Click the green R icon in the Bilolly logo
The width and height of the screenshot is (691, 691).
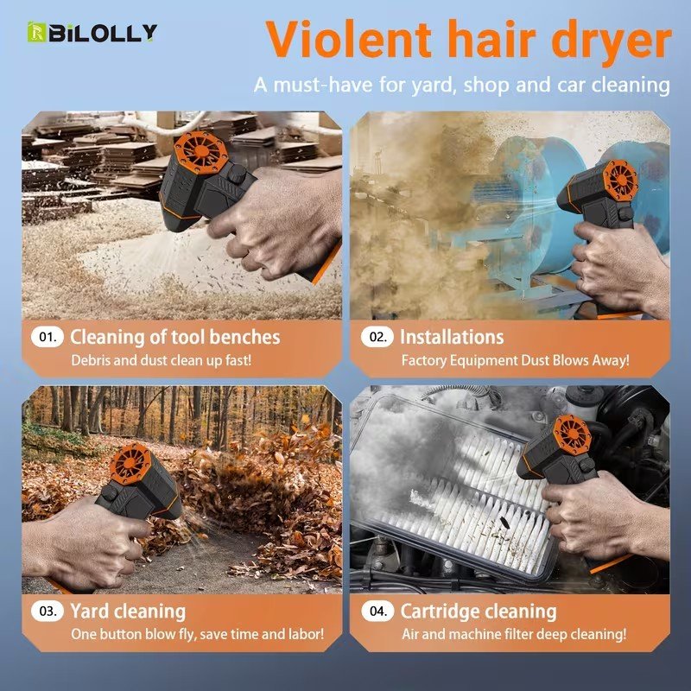(36, 32)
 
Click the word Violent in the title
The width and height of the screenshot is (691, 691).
(349, 40)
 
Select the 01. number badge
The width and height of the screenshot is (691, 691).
(48, 337)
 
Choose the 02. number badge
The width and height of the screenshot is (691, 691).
(377, 337)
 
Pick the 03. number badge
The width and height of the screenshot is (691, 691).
(48, 612)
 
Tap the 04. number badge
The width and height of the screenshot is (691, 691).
(377, 612)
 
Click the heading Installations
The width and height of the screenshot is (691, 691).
(452, 337)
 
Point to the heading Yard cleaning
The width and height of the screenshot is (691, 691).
(128, 612)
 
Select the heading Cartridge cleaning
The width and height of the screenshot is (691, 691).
(479, 612)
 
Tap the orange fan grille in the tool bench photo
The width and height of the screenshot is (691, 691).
(200, 150)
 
